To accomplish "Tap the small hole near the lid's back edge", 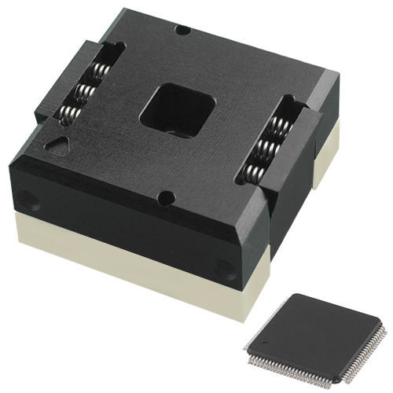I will [182, 30].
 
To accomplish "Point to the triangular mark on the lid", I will [57, 145].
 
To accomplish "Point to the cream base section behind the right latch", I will [325, 157].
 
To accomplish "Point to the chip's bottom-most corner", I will [340, 382].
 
